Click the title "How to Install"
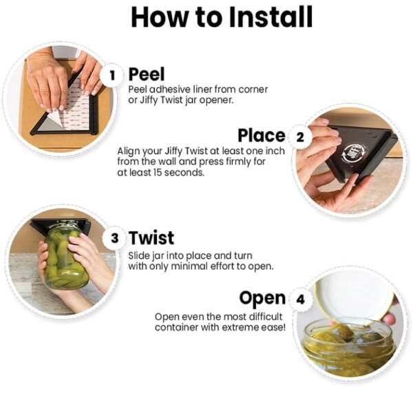pos(222,17)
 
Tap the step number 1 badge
pos(112,76)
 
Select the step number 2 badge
pos(300,137)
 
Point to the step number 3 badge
pos(114,238)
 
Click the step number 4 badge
pos(300,299)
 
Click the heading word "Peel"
pos(147,74)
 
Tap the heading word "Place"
pos(262,136)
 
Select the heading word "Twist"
pos(151,237)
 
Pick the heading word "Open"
pos(262,299)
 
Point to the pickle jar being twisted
pos(66,255)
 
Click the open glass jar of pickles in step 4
pos(348,348)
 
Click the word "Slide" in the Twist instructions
pos(139,255)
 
